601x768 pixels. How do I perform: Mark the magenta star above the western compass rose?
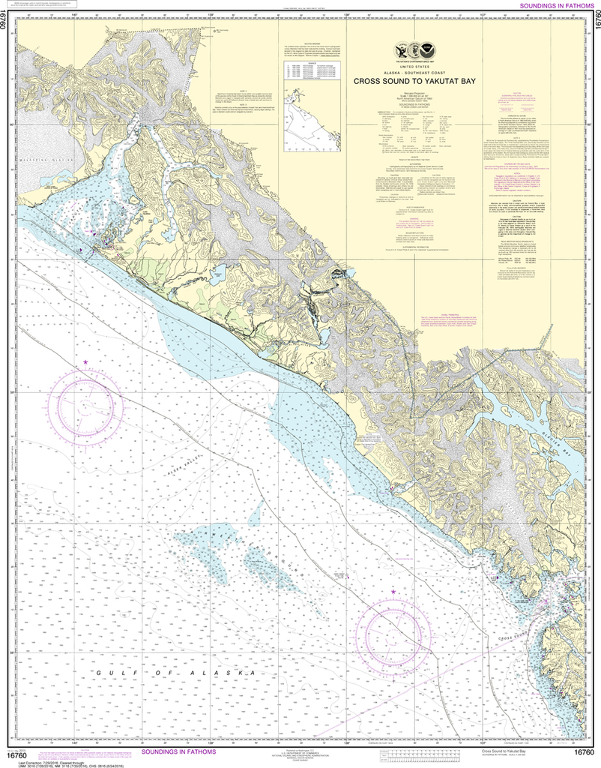tap(85, 362)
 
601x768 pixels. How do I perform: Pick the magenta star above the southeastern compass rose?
tap(393, 592)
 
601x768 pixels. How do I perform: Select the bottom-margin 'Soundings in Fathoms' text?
tap(178, 751)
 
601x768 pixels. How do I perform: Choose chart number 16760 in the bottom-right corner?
tap(585, 752)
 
